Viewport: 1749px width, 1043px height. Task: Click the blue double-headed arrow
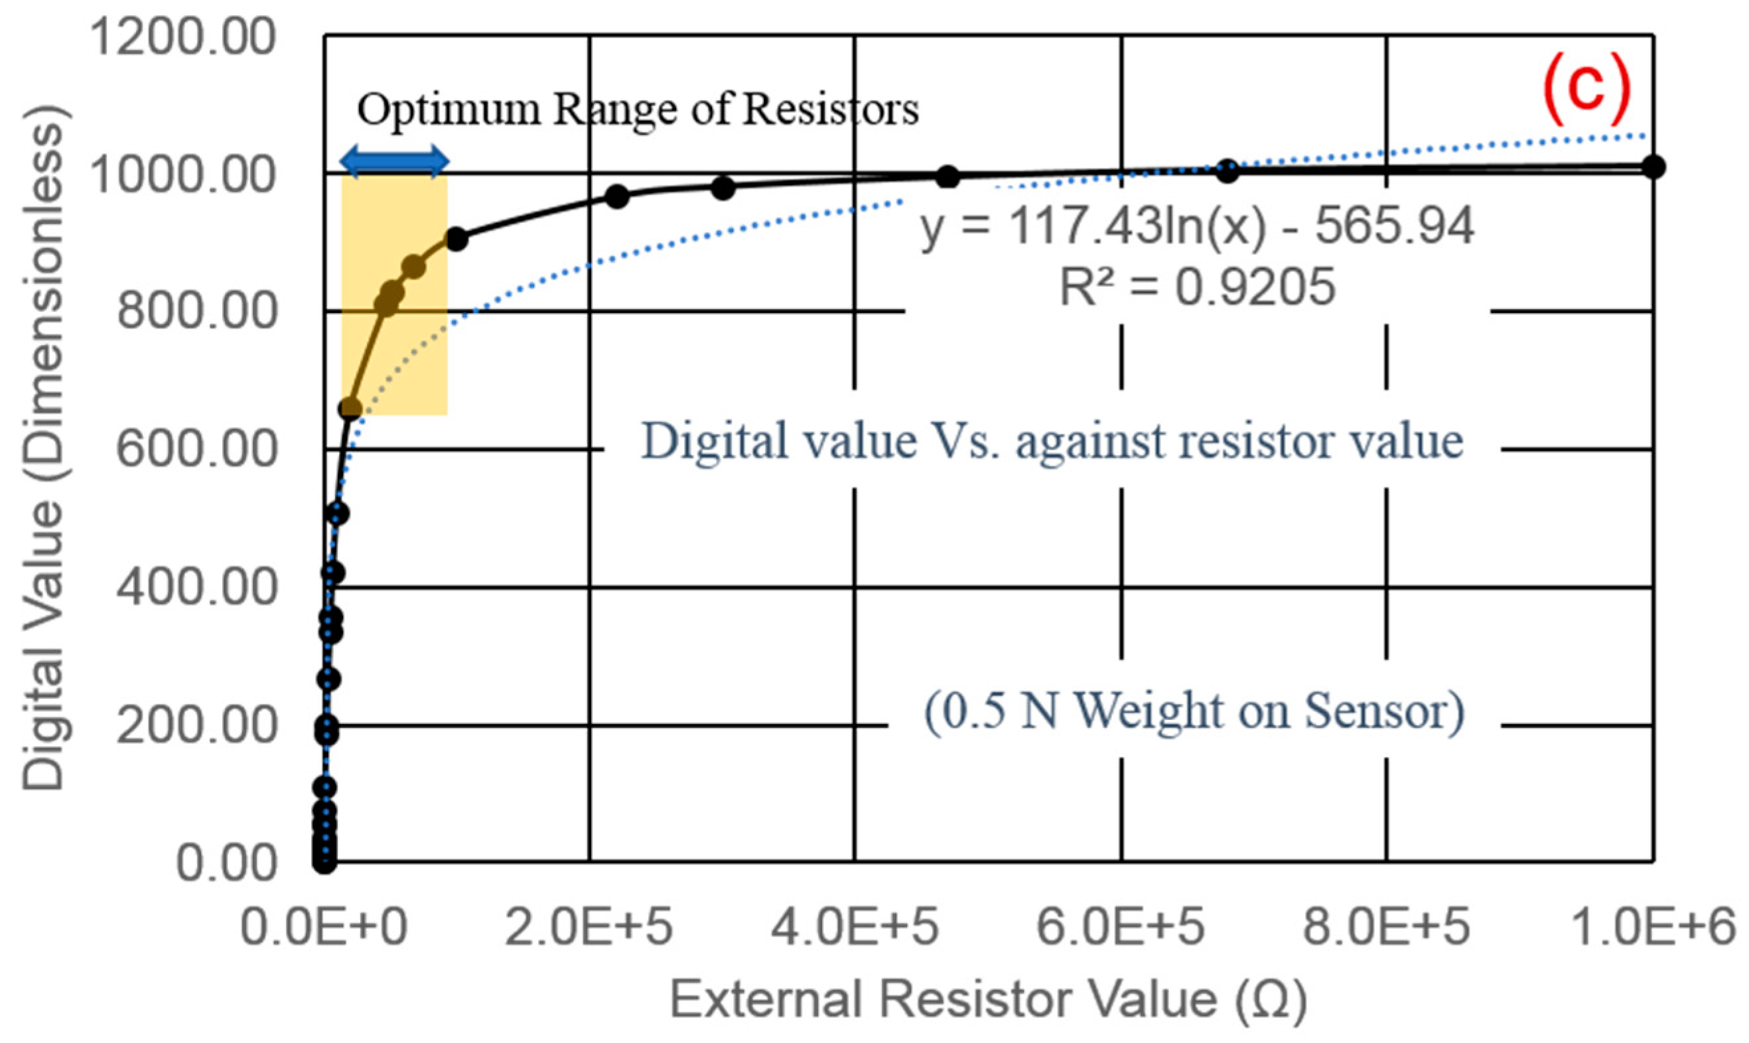tap(394, 161)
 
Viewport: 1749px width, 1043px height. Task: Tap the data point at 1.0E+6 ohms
tap(1653, 167)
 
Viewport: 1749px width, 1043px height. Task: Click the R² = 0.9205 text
tap(1197, 287)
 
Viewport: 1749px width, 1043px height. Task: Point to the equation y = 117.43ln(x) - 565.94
tap(1197, 227)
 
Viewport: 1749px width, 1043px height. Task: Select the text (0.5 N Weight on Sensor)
tap(1194, 713)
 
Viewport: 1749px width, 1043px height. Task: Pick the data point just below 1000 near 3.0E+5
tap(723, 188)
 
